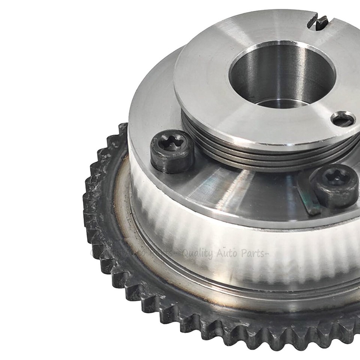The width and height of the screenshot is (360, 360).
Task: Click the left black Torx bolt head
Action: (x=172, y=151)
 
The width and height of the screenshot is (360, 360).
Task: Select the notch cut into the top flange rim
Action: (x=318, y=22)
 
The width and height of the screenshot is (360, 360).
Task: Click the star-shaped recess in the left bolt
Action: (x=172, y=143)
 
